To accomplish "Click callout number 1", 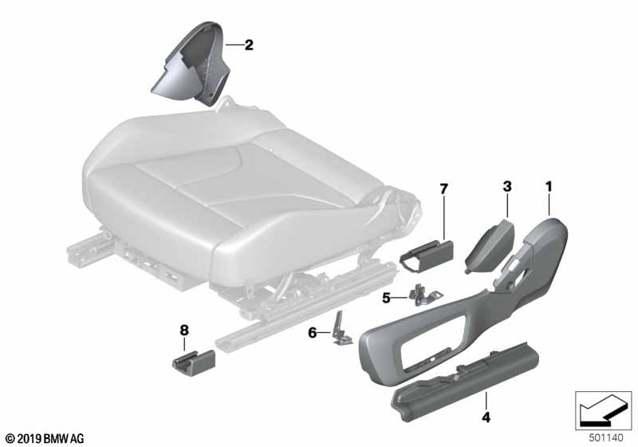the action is (549, 187).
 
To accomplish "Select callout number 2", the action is (249, 45).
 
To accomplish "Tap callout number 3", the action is (507, 187).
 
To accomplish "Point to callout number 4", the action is (486, 417).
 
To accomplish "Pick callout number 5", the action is (386, 299).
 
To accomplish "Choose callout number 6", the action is (312, 333).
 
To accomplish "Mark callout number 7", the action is (443, 189).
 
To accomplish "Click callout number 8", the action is (184, 330).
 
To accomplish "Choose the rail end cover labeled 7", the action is (427, 255).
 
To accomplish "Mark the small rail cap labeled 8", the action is (193, 359).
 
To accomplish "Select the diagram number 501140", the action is (606, 438).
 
